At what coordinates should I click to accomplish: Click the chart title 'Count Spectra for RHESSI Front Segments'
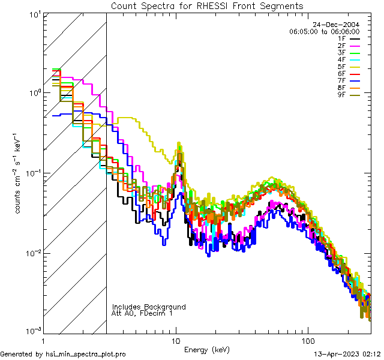[207, 6]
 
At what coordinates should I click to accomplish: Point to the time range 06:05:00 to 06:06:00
[324, 31]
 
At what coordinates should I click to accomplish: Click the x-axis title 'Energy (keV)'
[206, 350]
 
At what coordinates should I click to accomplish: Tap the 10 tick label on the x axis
[176, 341]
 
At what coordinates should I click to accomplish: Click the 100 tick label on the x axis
[307, 341]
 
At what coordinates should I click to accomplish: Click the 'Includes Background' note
[149, 307]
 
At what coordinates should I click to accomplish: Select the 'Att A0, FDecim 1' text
[142, 313]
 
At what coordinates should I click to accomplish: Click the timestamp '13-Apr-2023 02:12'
[347, 354]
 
